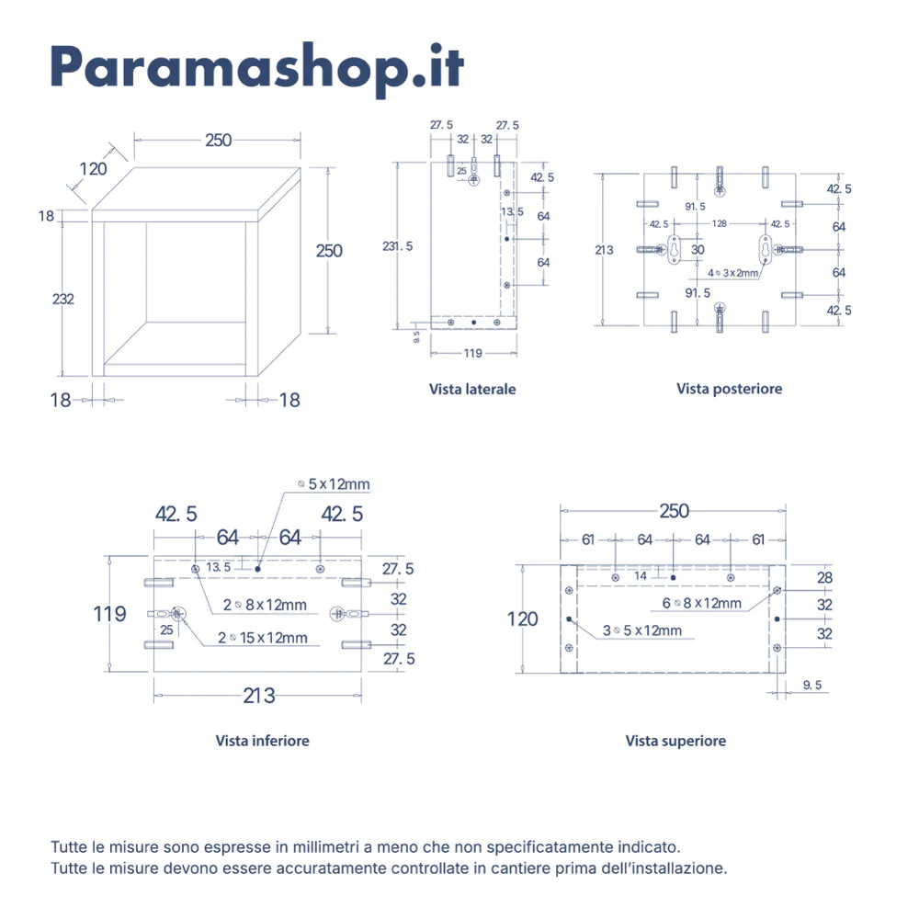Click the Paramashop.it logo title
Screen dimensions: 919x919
[256, 65]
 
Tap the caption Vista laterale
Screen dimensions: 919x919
[472, 389]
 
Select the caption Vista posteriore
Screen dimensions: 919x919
[730, 389]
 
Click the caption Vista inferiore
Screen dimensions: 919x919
[263, 740]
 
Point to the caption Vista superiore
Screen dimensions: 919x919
[675, 740]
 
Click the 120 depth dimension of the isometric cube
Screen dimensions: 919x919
[93, 168]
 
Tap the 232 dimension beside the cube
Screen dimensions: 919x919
[63, 299]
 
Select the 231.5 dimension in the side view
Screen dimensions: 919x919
[398, 245]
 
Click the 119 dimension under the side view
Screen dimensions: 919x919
[472, 352]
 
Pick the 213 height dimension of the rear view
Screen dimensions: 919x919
[604, 250]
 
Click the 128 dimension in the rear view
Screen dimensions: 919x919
[719, 223]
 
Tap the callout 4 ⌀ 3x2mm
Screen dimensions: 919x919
[733, 273]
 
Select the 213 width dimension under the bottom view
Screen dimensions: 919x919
[259, 696]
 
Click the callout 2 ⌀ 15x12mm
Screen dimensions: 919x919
[263, 637]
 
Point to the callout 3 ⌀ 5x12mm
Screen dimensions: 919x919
[642, 630]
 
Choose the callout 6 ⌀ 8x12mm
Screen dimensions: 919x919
[702, 603]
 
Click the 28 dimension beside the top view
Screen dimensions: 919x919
[824, 577]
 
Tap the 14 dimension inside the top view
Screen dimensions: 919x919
[640, 575]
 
